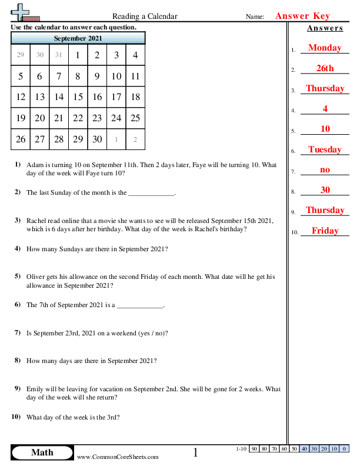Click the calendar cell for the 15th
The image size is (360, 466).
[78, 97]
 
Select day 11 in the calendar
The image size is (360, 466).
[135, 76]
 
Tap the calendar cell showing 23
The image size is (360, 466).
[97, 118]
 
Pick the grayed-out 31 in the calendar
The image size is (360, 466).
[59, 55]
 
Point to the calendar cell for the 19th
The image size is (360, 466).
[21, 118]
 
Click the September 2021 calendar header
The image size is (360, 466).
[78, 38]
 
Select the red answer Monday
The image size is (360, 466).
[324, 48]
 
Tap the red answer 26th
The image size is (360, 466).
[324, 68]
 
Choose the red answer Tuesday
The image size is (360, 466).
[324, 149]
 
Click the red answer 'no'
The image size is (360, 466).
[324, 169]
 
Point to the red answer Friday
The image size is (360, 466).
[324, 231]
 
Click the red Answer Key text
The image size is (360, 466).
[302, 16]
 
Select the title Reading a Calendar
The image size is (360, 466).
[144, 16]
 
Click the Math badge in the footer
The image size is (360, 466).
[42, 452]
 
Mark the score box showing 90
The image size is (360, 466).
[255, 449]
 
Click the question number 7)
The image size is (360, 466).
[18, 333]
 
